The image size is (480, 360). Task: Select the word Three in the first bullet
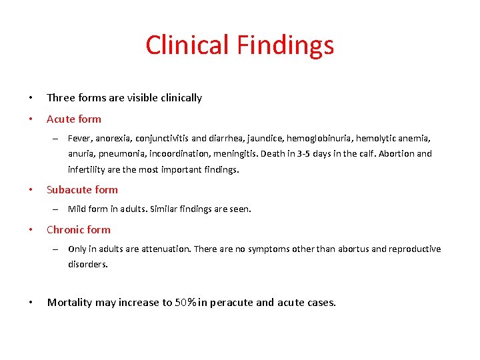61,97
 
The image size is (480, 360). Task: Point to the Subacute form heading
82,189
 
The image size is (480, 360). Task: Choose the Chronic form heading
79,229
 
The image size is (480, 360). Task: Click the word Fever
80,138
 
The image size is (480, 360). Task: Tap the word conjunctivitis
162,138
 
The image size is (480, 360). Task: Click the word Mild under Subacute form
79,209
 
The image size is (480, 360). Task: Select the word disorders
87,264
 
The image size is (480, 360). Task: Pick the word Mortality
70,302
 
